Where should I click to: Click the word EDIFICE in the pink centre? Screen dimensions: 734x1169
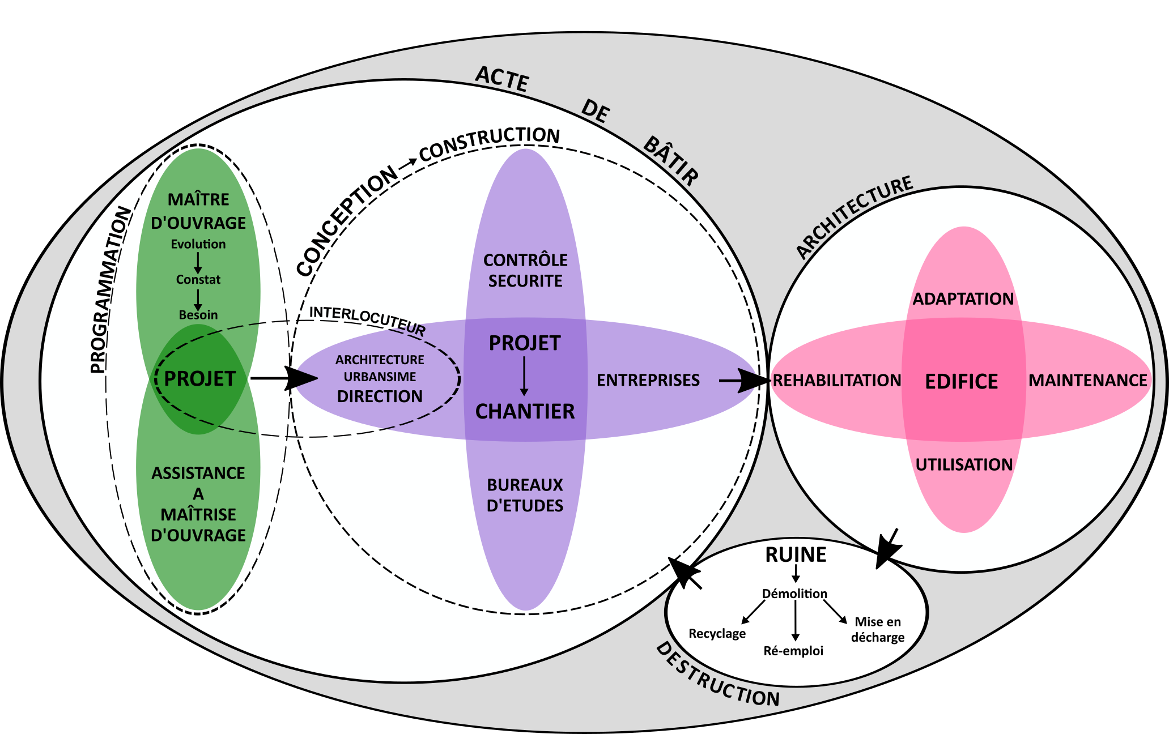point(961,382)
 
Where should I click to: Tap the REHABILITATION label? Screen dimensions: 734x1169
point(837,381)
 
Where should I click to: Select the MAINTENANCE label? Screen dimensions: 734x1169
point(1087,381)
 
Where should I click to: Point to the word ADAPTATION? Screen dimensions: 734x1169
point(963,299)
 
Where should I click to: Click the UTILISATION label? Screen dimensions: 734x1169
point(964,465)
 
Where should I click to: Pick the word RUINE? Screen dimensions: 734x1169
point(796,555)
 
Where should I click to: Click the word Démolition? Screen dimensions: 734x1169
point(794,594)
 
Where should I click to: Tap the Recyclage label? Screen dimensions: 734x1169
point(717,633)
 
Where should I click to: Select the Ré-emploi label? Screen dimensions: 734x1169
point(793,651)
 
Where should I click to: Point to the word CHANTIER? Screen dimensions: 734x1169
point(525,412)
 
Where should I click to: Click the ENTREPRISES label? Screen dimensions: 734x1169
point(648,381)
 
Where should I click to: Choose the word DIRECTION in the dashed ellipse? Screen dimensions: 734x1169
point(380,396)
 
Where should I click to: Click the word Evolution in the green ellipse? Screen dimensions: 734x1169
point(198,244)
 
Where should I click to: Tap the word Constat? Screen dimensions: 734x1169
point(198,279)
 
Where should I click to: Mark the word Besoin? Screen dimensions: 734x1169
point(198,315)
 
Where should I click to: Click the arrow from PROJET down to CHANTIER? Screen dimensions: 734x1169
point(524,377)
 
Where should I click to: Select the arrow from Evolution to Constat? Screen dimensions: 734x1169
point(198,262)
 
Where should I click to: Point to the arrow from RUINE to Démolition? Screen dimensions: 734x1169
point(796,575)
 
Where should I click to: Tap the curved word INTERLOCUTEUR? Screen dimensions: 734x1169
point(367,319)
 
